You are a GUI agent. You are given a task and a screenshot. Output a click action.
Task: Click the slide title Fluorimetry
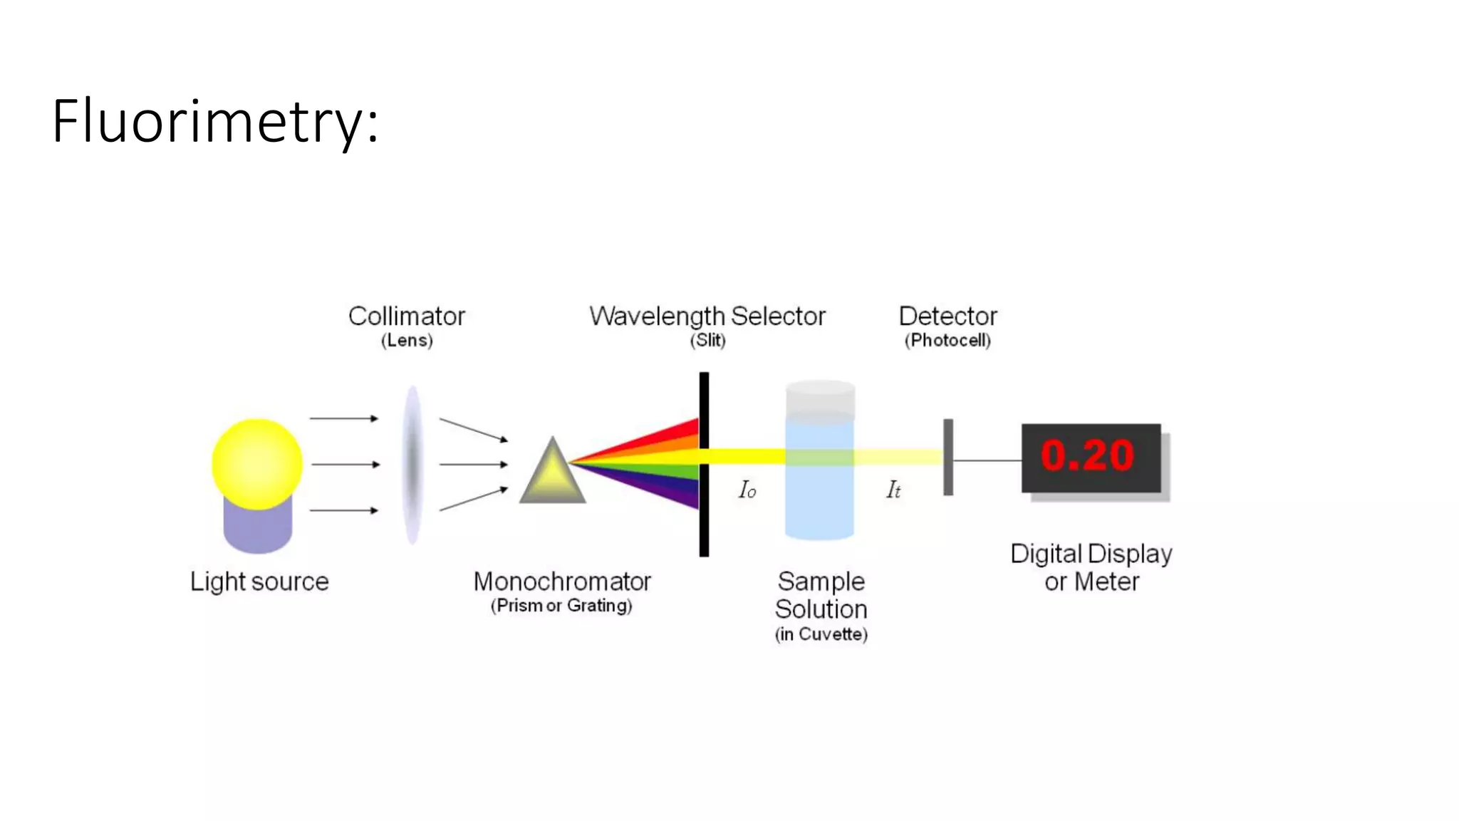[215, 121]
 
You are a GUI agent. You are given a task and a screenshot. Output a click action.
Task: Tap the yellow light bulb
[257, 464]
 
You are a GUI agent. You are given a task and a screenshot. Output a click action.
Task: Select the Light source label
[259, 582]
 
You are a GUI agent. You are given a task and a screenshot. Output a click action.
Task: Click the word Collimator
[406, 316]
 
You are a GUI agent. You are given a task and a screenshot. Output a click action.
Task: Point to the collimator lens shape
[412, 465]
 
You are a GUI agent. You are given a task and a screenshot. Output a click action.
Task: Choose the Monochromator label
[562, 582]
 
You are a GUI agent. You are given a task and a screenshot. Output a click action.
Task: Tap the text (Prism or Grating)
[561, 606]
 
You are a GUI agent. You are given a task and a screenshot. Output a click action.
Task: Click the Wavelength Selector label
[707, 316]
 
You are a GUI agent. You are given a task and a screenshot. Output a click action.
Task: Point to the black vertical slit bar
[704, 499]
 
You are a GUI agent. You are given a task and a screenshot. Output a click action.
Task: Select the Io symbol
[747, 490]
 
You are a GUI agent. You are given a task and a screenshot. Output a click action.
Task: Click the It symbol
[893, 490]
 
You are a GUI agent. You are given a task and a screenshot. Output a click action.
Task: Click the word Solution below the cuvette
[821, 609]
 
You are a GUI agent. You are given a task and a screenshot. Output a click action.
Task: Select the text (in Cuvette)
[821, 634]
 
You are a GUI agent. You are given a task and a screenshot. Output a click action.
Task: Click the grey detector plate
[948, 458]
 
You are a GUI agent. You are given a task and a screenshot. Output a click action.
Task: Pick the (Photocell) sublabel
[947, 341]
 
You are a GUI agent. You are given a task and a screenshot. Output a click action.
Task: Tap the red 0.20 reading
[1087, 456]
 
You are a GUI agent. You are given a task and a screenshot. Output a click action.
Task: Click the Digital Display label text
[1091, 554]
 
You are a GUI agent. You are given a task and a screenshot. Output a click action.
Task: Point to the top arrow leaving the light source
[344, 418]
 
